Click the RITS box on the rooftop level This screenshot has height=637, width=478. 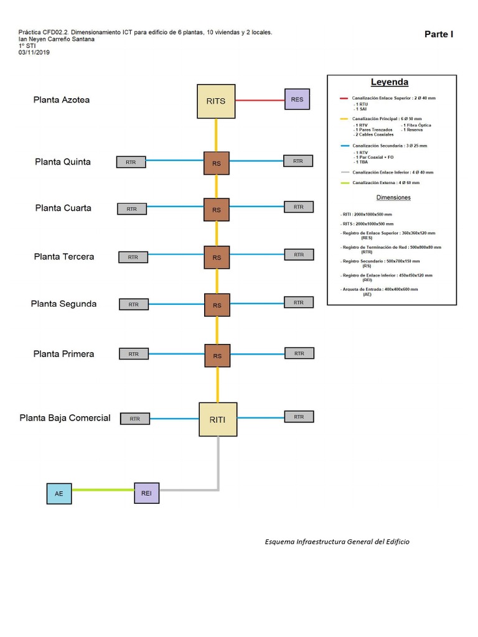[216, 100]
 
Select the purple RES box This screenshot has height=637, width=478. [296, 100]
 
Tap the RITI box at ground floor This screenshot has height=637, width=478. [218, 419]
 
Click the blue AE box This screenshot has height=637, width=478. [59, 493]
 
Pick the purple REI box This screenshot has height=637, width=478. [146, 493]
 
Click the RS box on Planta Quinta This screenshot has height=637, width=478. [217, 164]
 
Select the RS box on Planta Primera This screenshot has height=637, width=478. [217, 356]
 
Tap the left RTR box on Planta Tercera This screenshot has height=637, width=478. [133, 257]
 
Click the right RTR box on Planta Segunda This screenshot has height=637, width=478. [299, 302]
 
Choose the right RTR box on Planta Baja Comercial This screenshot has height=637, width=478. [299, 417]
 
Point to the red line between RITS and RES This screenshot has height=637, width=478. [260, 100]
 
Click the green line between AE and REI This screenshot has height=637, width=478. [103, 490]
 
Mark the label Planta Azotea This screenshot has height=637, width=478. [62, 100]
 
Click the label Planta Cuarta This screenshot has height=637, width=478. [63, 208]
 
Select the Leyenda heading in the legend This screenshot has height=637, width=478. [390, 82]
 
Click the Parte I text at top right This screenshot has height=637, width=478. [439, 34]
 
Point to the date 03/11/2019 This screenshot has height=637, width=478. [35, 52]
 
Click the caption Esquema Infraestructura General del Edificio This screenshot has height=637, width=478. [337, 541]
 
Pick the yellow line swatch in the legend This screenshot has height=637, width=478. [344, 118]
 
